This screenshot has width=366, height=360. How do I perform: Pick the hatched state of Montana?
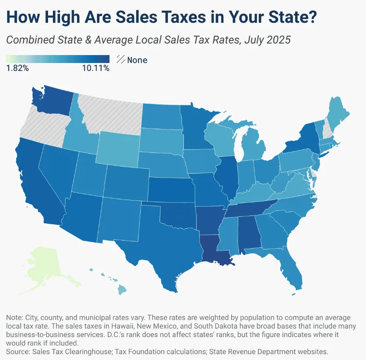click(x=110, y=112)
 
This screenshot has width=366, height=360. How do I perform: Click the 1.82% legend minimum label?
click(x=17, y=68)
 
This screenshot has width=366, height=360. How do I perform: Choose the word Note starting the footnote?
click(x=14, y=318)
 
